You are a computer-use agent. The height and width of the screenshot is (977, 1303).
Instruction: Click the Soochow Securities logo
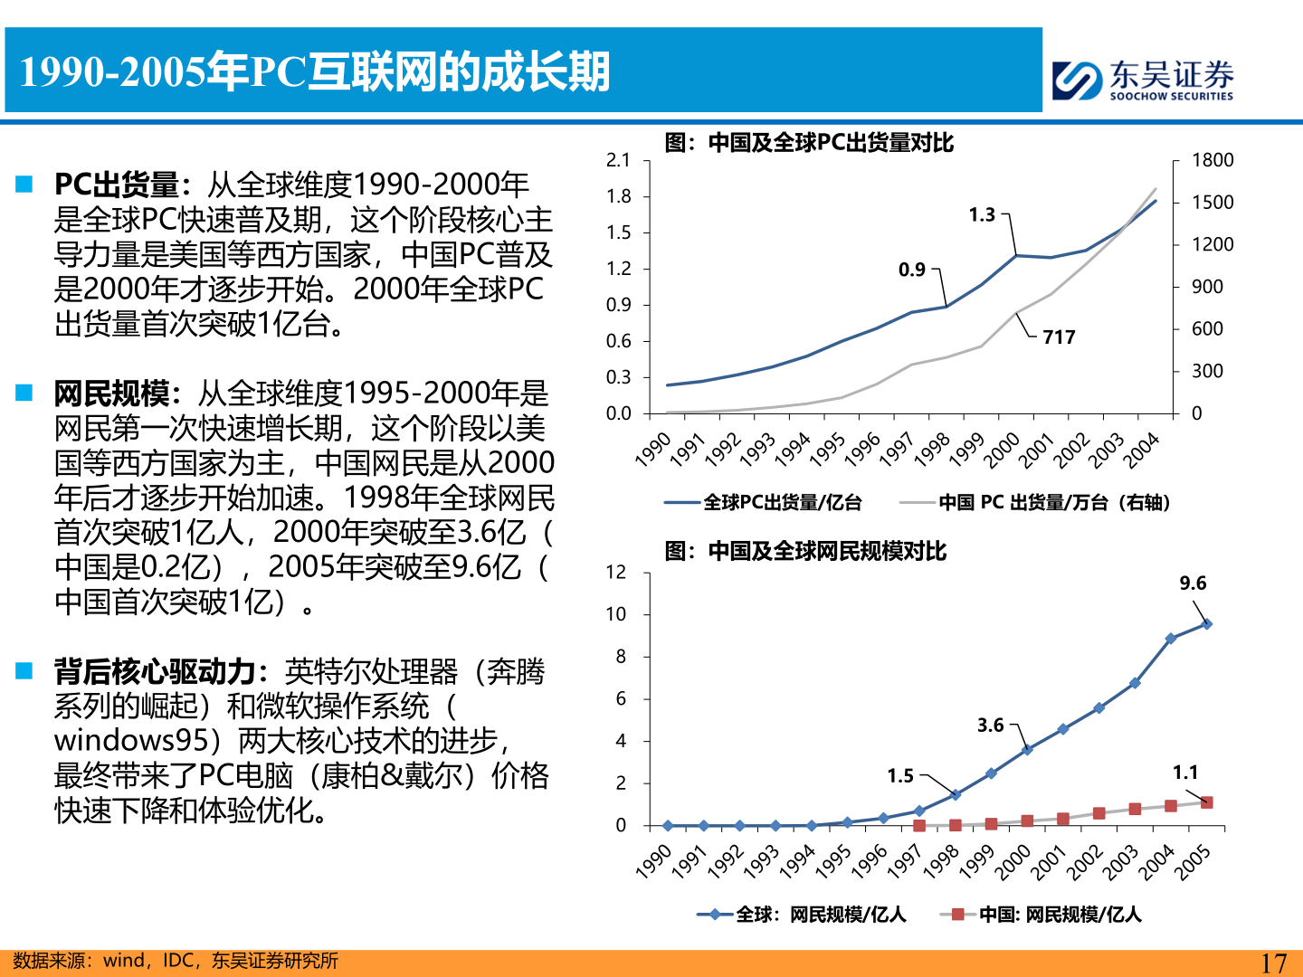[x=1143, y=80]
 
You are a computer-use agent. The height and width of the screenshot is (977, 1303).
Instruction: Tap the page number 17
[x=1273, y=963]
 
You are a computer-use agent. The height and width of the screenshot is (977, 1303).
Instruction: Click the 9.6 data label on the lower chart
[x=1193, y=583]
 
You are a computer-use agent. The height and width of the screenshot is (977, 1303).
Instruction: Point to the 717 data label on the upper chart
[x=1059, y=337]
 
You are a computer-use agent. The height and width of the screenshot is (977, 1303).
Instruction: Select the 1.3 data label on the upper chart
[x=982, y=215]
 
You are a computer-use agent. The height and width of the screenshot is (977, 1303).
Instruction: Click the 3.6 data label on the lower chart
[x=991, y=726]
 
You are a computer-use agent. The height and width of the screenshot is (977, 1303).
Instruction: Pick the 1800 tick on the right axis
[x=1213, y=160]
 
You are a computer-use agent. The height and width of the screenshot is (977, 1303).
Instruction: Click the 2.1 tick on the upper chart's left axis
[x=618, y=160]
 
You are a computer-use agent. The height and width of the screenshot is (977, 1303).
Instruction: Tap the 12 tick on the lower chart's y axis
[x=616, y=572]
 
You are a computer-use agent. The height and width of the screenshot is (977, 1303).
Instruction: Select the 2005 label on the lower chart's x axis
[x=1193, y=862]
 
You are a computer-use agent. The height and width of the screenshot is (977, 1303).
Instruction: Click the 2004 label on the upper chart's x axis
[x=1142, y=450]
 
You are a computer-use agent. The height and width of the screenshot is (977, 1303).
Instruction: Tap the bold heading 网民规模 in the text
[x=111, y=394]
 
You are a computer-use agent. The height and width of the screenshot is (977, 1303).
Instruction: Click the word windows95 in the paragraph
[x=131, y=741]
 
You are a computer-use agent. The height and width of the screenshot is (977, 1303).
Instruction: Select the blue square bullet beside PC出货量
[x=24, y=185]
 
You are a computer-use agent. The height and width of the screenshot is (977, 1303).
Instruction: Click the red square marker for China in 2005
[x=1206, y=802]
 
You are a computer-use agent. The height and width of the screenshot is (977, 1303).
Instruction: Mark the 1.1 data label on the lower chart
[x=1185, y=773]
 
